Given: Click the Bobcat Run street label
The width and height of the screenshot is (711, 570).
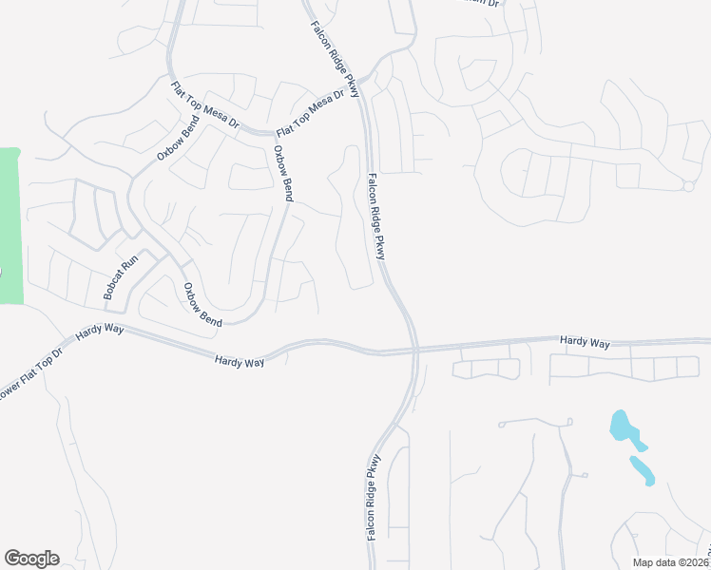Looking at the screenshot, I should pos(122,277).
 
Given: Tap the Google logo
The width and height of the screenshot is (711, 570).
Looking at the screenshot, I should pos(31,559).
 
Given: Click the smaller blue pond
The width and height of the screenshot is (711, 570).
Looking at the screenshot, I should pos(642,468).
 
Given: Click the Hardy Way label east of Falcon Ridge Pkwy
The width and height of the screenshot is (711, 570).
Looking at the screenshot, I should pos(584,340).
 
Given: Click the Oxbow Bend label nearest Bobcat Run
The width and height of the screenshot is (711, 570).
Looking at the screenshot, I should pos(202,305).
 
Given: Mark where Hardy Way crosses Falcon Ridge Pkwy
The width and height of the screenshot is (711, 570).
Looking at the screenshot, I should pos(414,351).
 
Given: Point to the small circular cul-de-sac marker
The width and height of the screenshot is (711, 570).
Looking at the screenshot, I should pos(687,186).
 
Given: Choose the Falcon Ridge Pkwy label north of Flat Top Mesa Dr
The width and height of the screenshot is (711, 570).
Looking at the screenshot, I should pos(336,58).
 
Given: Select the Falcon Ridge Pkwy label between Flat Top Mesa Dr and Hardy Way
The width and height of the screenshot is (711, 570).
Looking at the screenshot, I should pos(378,216).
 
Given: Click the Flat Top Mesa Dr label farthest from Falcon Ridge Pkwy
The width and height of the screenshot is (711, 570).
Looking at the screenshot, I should pos(207,106).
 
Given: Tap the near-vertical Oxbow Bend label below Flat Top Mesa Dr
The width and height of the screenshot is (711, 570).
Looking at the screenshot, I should pos(284,173).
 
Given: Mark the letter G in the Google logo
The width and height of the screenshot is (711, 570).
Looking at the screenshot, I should pos(12,559).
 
